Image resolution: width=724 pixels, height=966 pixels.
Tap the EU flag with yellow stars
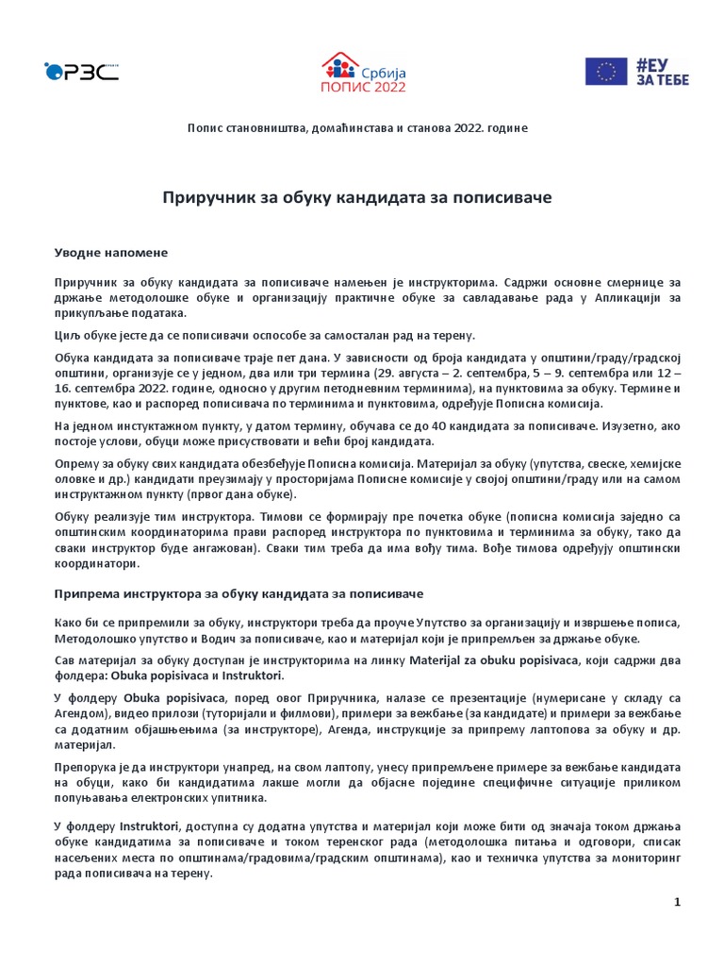606,72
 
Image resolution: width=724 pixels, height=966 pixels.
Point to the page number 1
677,902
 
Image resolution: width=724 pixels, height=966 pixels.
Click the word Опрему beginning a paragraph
75,465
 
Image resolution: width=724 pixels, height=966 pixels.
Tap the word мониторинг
645,858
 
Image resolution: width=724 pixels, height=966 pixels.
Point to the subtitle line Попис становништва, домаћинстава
356,127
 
